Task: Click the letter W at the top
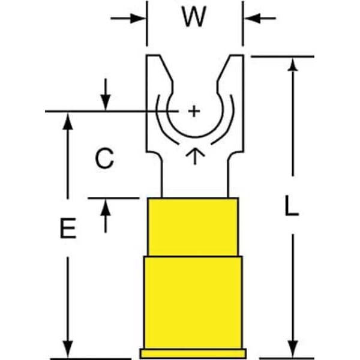click(x=193, y=18)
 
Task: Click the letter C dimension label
click(x=104, y=159)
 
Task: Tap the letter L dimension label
click(x=292, y=208)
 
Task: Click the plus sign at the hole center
click(x=193, y=111)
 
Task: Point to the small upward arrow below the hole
click(x=193, y=156)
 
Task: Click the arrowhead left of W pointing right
click(x=139, y=18)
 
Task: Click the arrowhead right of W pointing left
click(x=251, y=18)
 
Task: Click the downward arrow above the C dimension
click(x=106, y=102)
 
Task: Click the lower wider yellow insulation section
click(x=193, y=300)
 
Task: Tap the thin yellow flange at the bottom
click(x=193, y=353)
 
